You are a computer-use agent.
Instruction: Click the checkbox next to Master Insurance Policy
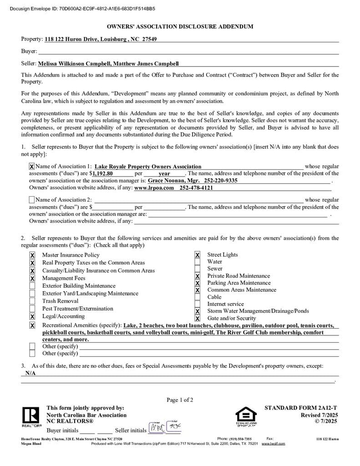point(32,255)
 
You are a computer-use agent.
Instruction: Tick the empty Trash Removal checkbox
point(32,301)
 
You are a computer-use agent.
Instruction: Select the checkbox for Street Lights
point(198,255)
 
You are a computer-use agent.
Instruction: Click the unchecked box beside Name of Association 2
point(32,200)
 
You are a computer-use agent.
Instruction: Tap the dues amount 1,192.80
point(103,173)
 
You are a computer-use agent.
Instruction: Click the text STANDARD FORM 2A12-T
point(301,408)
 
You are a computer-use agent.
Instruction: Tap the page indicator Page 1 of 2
point(180,400)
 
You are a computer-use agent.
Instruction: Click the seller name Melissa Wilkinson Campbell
point(74,64)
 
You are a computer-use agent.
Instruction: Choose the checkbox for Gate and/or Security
point(198,319)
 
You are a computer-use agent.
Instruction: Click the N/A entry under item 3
point(30,373)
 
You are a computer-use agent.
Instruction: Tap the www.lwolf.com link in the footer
point(273,443)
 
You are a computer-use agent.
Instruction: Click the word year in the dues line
point(164,174)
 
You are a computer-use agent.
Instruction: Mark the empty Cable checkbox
point(198,297)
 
